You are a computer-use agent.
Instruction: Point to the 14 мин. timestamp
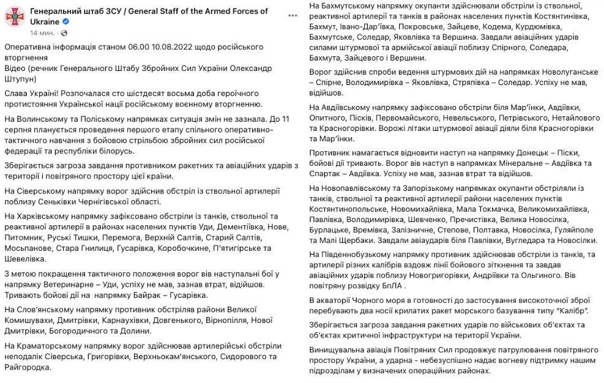42,32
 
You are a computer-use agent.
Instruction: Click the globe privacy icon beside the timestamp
65,32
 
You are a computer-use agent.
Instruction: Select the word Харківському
43,216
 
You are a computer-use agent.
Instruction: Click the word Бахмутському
350,6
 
